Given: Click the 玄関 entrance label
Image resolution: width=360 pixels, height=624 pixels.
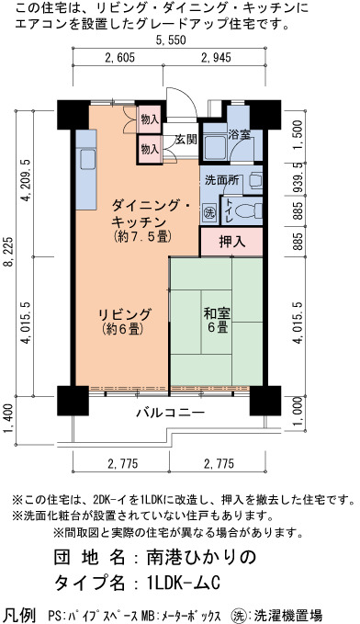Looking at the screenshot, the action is click(x=186, y=140).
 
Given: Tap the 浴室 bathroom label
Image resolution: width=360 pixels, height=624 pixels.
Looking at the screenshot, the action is click(x=240, y=134).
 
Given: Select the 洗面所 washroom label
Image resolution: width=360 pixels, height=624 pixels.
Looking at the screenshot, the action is click(x=222, y=180).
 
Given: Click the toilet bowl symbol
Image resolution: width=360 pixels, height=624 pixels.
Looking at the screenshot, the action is click(x=252, y=210).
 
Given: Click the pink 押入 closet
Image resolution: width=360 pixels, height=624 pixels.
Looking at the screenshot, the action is click(x=231, y=242).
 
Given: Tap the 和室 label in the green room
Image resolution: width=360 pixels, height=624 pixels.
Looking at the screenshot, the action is click(x=217, y=313).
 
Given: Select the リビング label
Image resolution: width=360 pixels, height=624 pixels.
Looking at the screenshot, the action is click(x=125, y=314).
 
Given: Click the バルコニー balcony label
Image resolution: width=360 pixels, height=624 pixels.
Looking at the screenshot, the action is click(x=171, y=413).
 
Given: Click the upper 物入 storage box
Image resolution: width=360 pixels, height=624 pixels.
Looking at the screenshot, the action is click(x=150, y=119).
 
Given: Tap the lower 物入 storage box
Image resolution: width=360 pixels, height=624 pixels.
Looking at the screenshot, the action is click(x=150, y=150).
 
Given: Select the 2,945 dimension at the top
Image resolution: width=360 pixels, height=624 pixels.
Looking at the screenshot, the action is click(x=216, y=58).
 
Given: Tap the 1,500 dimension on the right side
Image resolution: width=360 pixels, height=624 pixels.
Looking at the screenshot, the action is click(x=298, y=134).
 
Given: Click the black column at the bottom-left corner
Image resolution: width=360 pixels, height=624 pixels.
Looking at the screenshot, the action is click(x=73, y=401).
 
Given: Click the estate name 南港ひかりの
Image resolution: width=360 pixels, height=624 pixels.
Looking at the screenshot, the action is click(x=196, y=557).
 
